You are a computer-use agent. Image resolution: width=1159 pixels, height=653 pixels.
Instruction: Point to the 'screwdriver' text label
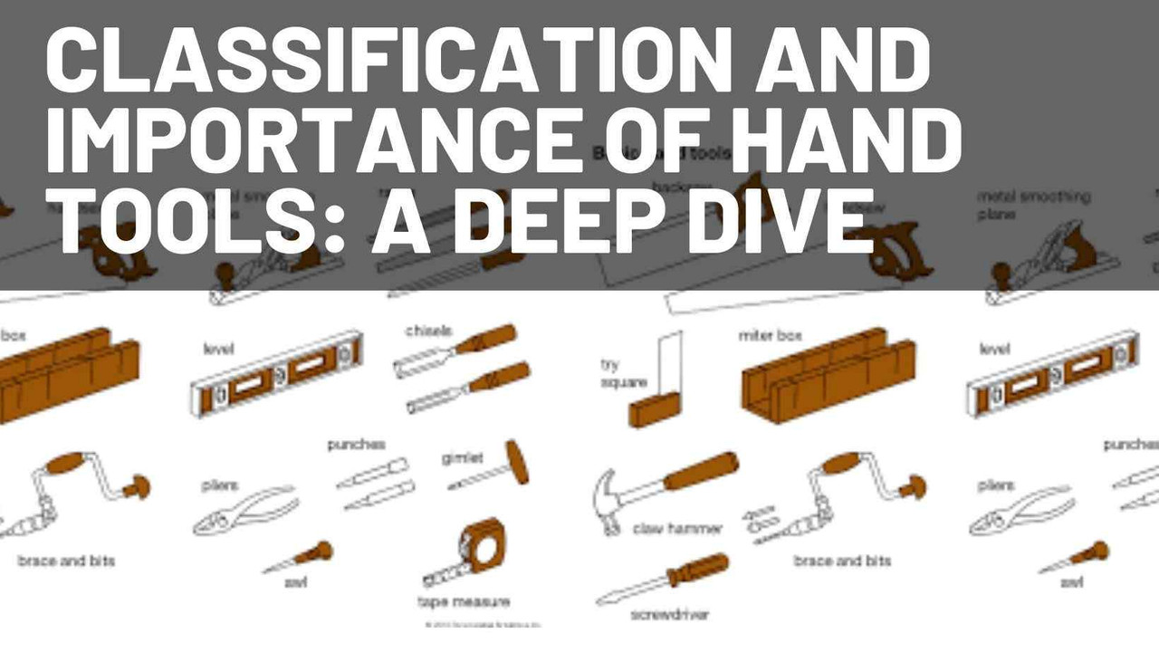[x=670, y=614]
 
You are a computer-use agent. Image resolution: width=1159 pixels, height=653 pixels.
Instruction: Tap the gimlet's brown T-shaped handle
[x=516, y=461]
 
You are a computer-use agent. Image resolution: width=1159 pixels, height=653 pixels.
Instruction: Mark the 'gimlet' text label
[x=462, y=459]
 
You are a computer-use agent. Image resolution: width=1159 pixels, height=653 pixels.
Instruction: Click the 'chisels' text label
[x=428, y=331]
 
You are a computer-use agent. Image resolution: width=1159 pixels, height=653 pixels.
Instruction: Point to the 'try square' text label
[x=623, y=374]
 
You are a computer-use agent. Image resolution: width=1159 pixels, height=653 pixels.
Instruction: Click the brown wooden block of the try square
[x=651, y=410]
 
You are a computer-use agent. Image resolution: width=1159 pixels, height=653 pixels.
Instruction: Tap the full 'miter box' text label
[x=770, y=336]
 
